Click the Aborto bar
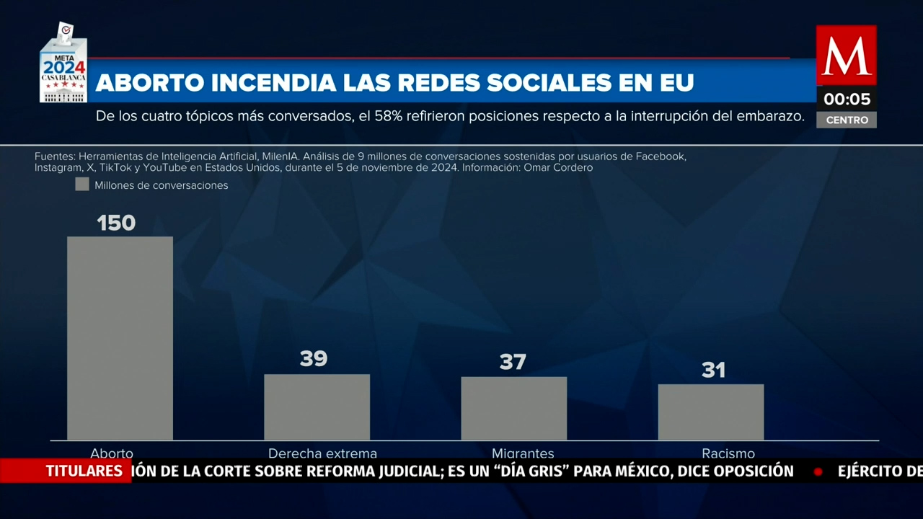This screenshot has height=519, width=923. [120, 338]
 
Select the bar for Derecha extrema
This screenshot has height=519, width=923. [317, 407]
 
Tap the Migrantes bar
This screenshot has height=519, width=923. [513, 409]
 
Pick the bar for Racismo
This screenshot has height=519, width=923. [710, 412]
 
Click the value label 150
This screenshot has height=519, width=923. [116, 223]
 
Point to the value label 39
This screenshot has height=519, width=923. [314, 359]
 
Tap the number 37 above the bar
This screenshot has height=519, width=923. [513, 362]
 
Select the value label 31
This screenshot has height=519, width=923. [713, 370]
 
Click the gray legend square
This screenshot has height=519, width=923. [82, 185]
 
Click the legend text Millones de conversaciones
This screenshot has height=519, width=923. [161, 185]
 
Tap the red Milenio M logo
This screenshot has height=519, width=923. [846, 55]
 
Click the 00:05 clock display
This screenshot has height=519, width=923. [847, 99]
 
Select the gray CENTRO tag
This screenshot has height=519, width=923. [847, 120]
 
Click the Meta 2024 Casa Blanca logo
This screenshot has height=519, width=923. [63, 65]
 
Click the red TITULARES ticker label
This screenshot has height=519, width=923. [84, 471]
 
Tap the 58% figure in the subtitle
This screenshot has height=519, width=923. [388, 117]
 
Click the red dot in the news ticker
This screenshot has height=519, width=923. [818, 472]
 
